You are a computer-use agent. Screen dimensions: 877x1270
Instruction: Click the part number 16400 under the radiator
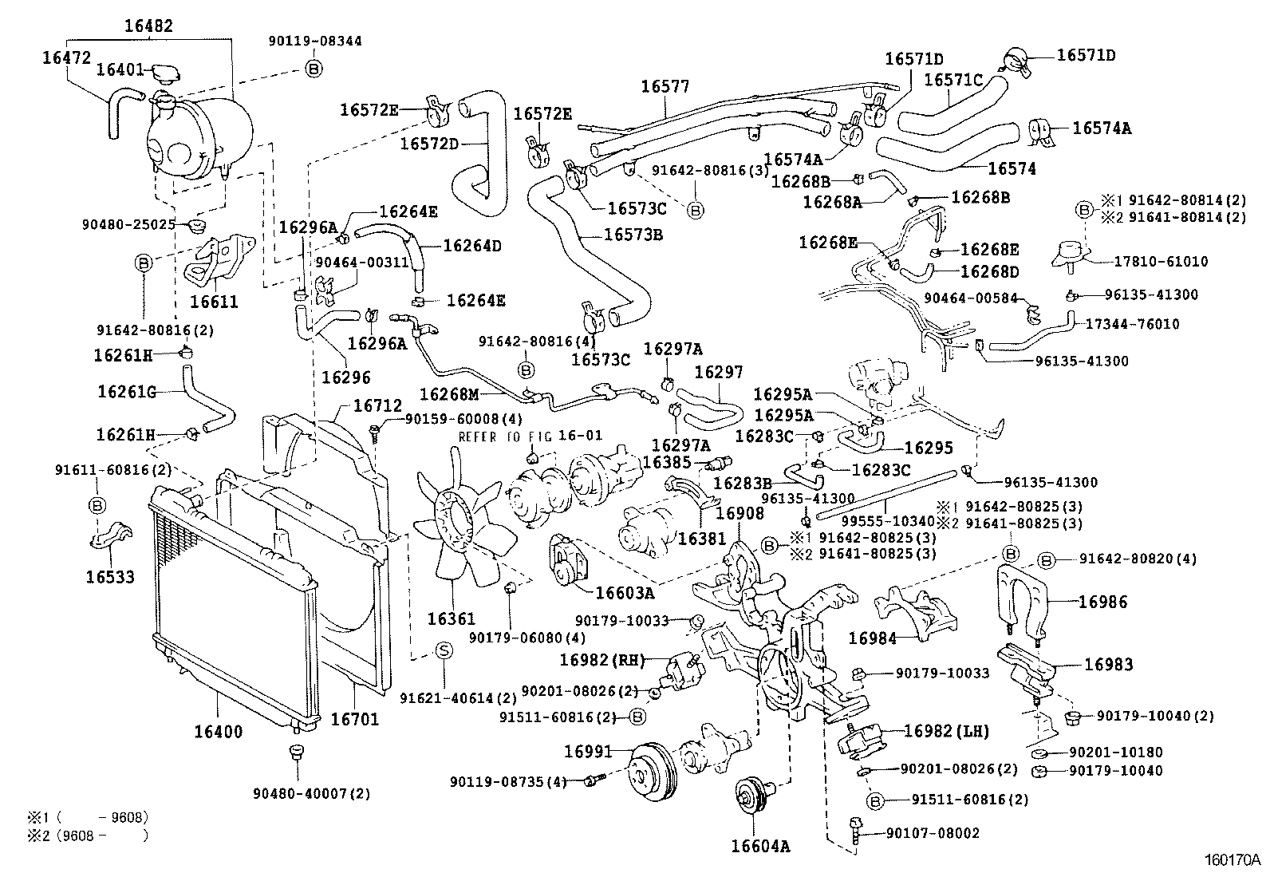tap(218, 732)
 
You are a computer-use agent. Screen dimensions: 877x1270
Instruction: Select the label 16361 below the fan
tap(451, 618)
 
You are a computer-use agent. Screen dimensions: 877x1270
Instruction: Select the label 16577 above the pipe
tap(665, 87)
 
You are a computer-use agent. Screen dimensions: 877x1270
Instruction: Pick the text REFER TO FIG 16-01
tap(530, 437)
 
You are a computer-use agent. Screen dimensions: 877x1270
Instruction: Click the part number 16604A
tap(760, 846)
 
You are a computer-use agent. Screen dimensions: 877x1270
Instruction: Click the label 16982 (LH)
tap(946, 731)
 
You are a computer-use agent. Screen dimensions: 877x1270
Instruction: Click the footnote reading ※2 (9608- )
tap(89, 836)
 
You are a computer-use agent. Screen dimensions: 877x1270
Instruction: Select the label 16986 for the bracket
tap(1103, 602)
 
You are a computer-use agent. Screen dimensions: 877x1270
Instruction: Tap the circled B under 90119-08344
tap(314, 69)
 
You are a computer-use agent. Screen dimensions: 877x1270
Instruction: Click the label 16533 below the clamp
tap(110, 576)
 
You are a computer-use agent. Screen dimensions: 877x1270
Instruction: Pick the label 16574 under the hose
tap(1012, 169)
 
